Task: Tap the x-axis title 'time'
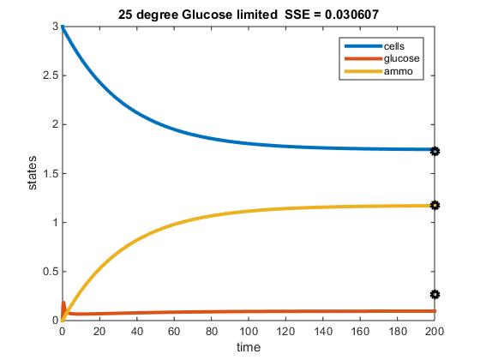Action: [x=249, y=347]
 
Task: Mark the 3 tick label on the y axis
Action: [x=53, y=27]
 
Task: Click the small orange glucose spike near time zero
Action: [x=64, y=307]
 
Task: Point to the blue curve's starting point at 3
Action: [x=63, y=27]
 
